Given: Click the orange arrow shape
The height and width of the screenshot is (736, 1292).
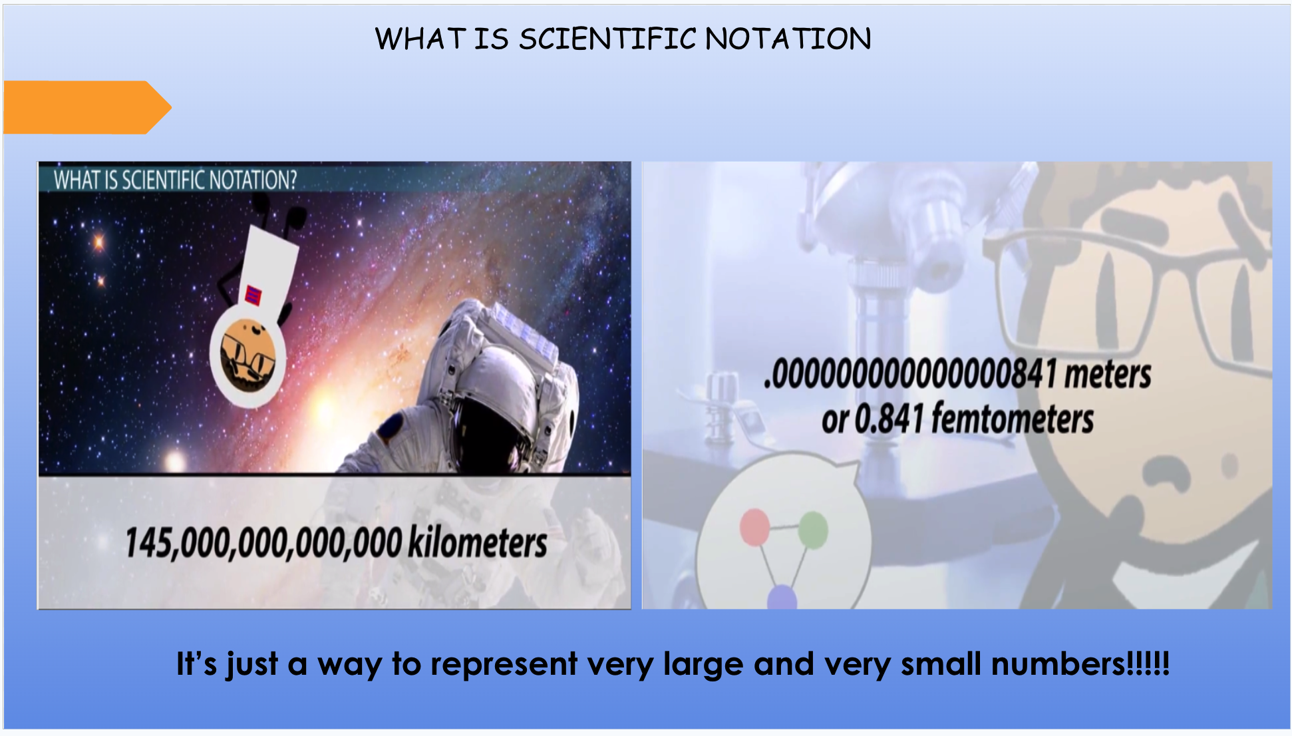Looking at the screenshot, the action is tap(86, 107).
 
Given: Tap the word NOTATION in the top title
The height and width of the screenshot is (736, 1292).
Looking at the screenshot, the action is tap(788, 39).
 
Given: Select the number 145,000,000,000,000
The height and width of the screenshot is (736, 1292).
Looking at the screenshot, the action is tap(263, 542).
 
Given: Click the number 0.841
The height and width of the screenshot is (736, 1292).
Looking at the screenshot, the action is tap(889, 419).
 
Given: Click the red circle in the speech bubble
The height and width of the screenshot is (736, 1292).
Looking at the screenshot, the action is tap(754, 527).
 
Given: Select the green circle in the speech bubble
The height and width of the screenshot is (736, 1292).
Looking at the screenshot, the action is tap(812, 530).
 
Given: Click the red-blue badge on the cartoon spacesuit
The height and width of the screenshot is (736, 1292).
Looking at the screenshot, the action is tap(253, 295).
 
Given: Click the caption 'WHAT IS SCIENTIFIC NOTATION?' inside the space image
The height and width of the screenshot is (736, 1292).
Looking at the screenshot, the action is tap(175, 180).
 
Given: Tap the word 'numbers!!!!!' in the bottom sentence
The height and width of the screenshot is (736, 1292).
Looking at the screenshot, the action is tap(1080, 664).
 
